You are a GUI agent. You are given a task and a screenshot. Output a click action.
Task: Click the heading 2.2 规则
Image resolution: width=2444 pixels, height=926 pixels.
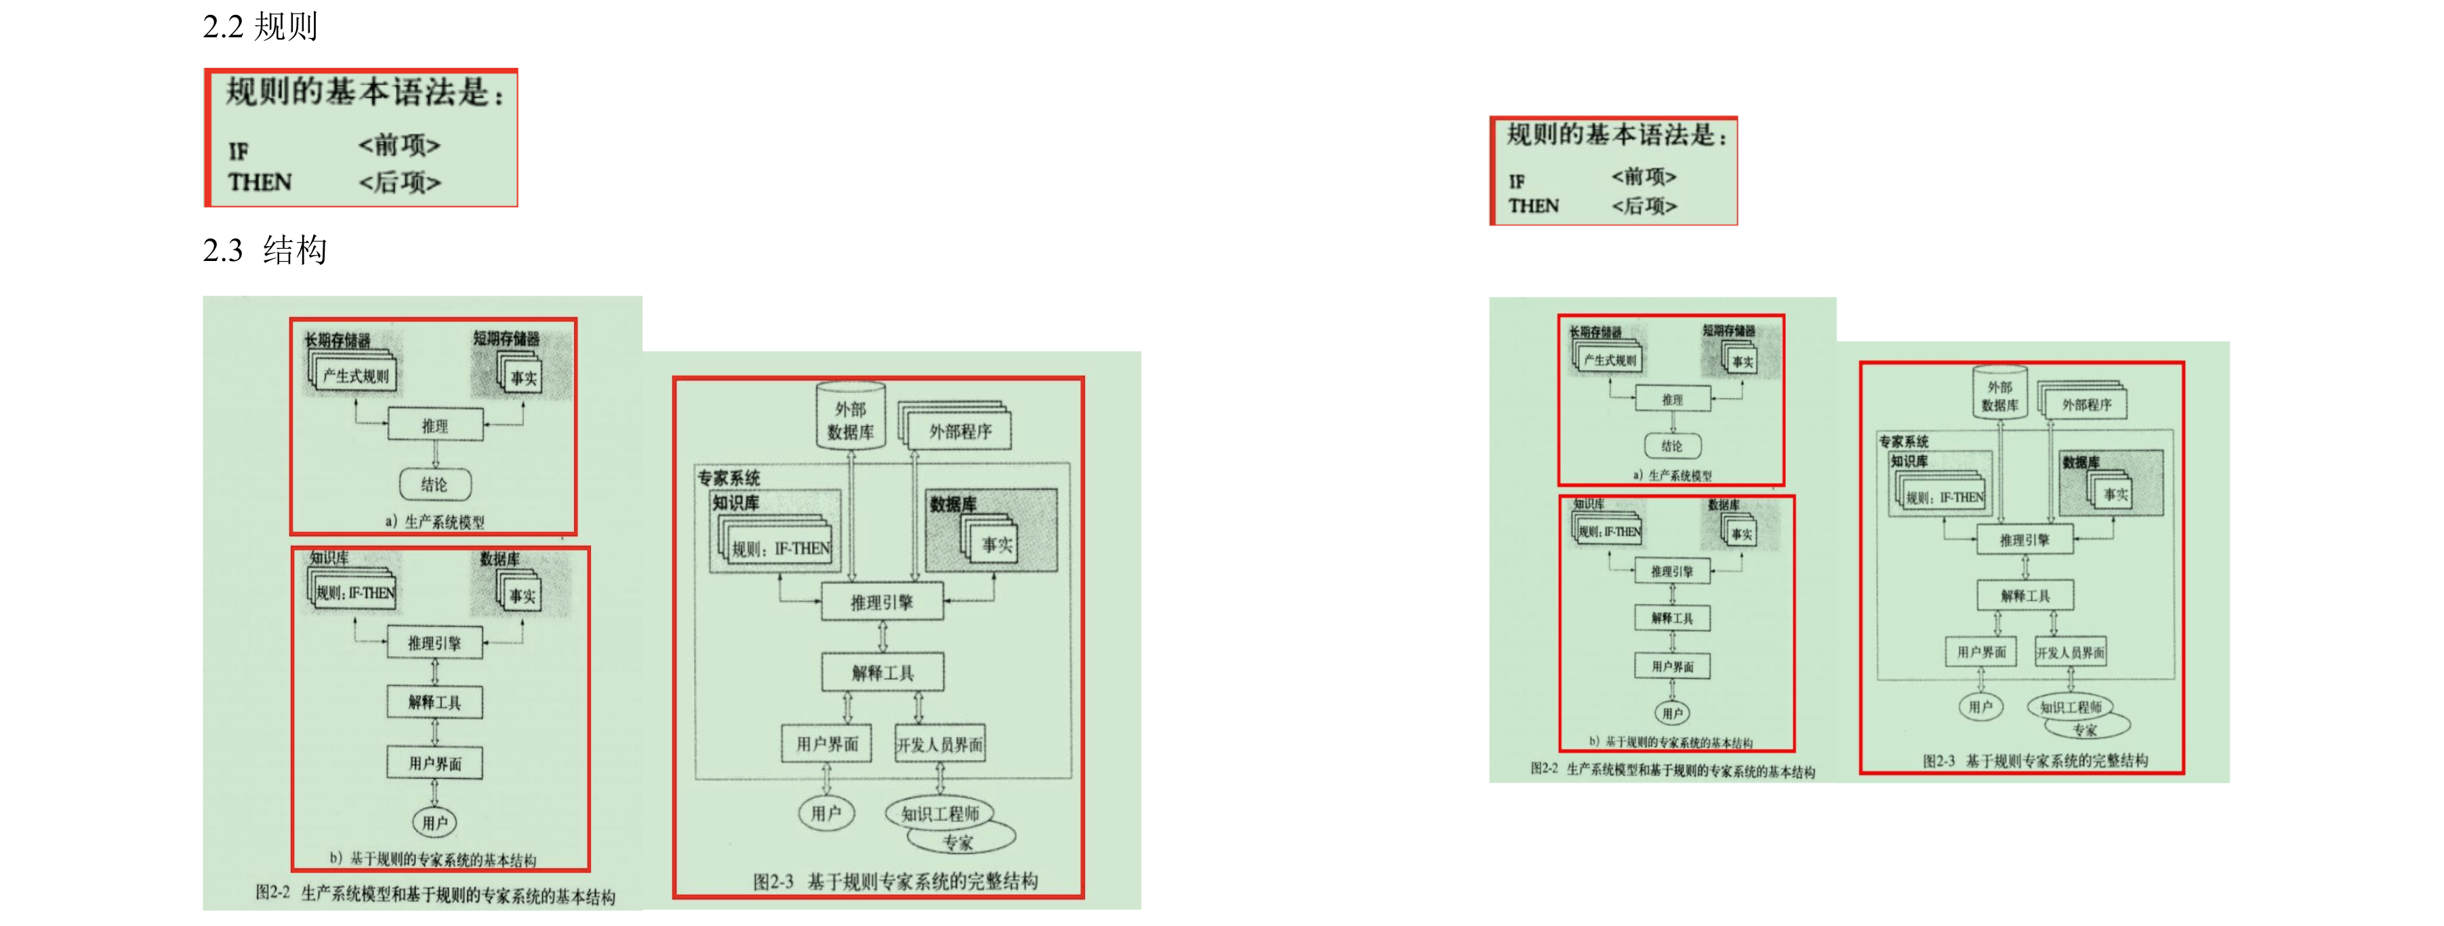click(260, 26)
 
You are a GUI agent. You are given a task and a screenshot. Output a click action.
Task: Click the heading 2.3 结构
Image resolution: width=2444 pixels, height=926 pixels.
click(265, 249)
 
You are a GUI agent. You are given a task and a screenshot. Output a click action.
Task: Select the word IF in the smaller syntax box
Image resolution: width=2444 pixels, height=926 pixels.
click(1516, 181)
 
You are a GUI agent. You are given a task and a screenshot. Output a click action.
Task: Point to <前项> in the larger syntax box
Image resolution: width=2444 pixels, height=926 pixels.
click(399, 145)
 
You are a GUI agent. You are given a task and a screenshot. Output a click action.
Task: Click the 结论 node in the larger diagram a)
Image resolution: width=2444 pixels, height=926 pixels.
click(434, 485)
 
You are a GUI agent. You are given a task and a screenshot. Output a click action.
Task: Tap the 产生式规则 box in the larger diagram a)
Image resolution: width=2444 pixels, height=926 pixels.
click(356, 376)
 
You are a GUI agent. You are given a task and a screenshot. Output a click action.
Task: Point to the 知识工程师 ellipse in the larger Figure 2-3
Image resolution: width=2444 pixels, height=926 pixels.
click(939, 813)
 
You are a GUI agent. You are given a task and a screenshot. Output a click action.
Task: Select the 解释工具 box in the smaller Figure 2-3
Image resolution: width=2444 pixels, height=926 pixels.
click(2026, 596)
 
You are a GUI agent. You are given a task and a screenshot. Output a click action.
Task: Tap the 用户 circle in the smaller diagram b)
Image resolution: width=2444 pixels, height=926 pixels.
click(1673, 713)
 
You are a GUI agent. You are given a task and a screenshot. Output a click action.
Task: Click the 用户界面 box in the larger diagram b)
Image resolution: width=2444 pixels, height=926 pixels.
click(434, 763)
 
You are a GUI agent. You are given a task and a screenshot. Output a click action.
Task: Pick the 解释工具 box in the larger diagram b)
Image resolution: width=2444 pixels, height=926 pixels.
click(434, 702)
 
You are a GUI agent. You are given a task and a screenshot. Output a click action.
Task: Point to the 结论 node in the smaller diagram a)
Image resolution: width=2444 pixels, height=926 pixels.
click(1672, 446)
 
